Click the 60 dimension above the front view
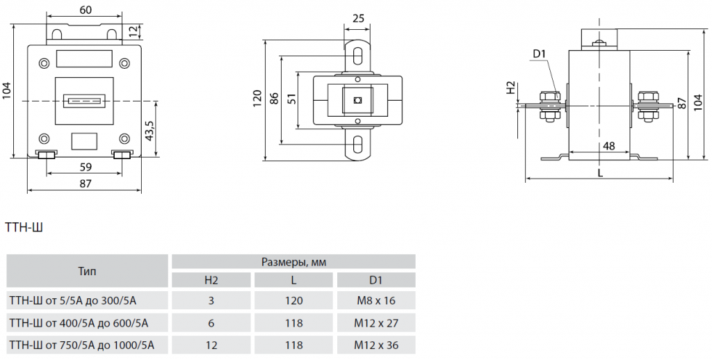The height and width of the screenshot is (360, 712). (x=85, y=11)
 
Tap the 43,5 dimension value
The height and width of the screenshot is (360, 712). (x=149, y=130)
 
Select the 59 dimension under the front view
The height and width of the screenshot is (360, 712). (x=84, y=167)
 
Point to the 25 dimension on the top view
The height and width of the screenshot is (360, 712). (x=359, y=19)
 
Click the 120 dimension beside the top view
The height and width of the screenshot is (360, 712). (x=257, y=98)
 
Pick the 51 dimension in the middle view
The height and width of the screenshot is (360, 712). (x=292, y=99)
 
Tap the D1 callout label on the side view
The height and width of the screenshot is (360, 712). (x=540, y=54)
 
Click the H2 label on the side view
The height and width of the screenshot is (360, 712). (x=511, y=88)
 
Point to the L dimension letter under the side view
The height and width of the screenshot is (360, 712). (x=600, y=173)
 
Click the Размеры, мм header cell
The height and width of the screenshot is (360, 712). (x=293, y=262)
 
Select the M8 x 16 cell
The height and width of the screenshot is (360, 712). (x=375, y=301)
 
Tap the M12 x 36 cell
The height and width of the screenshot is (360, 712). (x=375, y=344)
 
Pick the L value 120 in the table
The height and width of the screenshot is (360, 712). (x=293, y=301)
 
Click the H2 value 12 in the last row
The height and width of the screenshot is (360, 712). (x=211, y=344)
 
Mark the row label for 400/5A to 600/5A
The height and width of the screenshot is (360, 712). (x=79, y=322)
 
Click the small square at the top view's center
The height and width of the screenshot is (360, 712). (x=358, y=100)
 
